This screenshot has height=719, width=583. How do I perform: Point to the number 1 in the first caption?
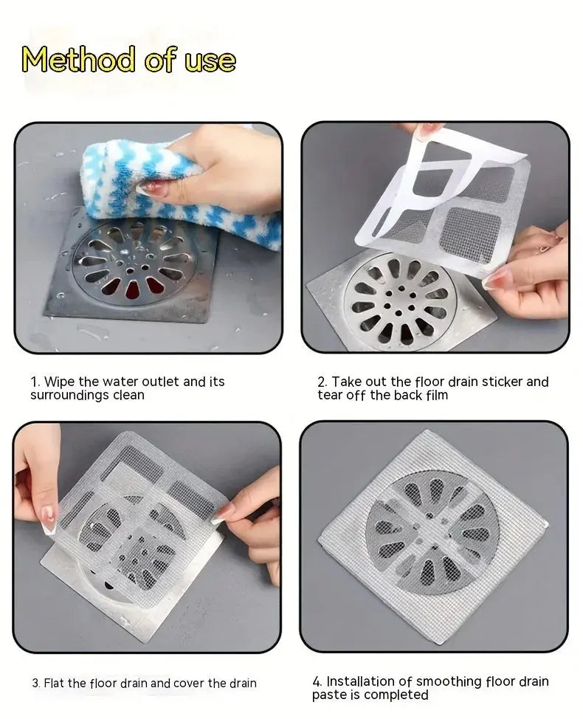pos(34,382)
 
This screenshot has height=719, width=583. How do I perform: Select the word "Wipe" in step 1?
pos(59,382)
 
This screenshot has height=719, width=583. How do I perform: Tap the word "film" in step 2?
pos(435,396)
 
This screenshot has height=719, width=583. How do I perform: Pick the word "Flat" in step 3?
pos(56,684)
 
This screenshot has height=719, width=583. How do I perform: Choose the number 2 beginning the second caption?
pos(322,382)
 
